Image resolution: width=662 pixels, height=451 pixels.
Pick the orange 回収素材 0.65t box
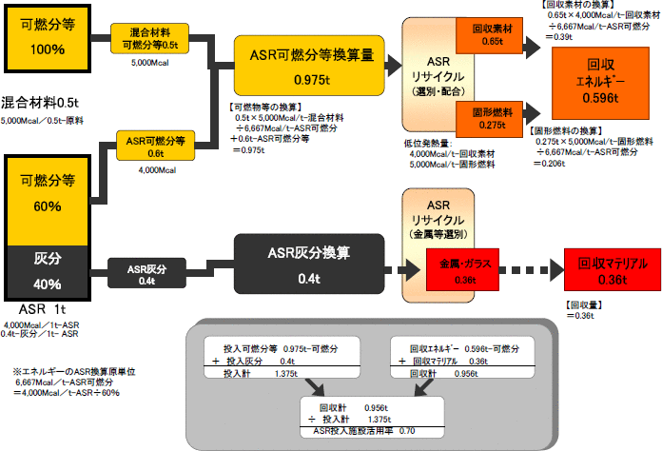(x=487, y=34)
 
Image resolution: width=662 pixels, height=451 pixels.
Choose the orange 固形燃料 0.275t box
(x=487, y=118)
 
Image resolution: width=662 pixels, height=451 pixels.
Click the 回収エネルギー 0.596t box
(x=602, y=79)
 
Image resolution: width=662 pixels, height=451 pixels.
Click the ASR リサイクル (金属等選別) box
(x=438, y=218)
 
